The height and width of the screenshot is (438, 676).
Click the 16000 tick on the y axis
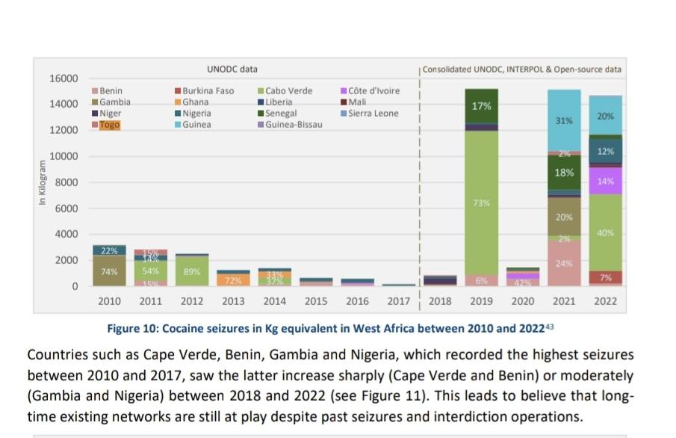pos(63,79)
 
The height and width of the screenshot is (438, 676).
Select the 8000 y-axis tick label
pos(66,182)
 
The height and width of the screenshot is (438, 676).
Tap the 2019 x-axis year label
pos(482,301)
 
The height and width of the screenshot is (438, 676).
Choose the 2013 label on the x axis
pos(233,301)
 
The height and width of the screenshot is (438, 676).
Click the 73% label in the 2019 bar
pos(482,203)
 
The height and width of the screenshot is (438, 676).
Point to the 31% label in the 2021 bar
pos(565,120)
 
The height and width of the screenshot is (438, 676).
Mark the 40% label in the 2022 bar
pos(606,233)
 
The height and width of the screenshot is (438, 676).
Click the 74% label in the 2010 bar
pos(109,272)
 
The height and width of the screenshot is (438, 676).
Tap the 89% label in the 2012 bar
pos(192,272)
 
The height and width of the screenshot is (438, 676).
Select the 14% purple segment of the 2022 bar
pos(606,180)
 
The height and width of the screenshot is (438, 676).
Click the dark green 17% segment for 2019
pos(482,106)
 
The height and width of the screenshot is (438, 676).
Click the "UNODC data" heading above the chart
pos(232,70)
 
